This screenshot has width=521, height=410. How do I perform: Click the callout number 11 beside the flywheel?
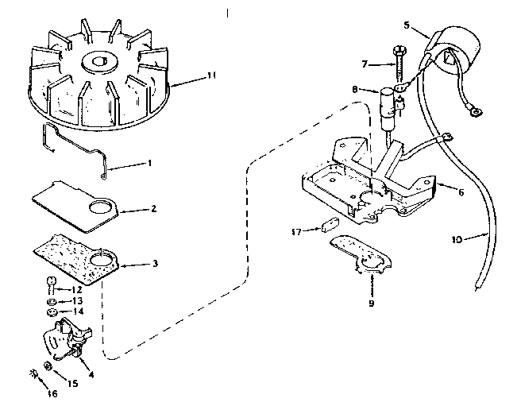point(210,75)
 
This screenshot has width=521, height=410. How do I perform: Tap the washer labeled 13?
point(52,302)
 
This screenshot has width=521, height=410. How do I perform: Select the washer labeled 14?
point(52,312)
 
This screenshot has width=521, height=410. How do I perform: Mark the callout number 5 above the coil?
point(407,25)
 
